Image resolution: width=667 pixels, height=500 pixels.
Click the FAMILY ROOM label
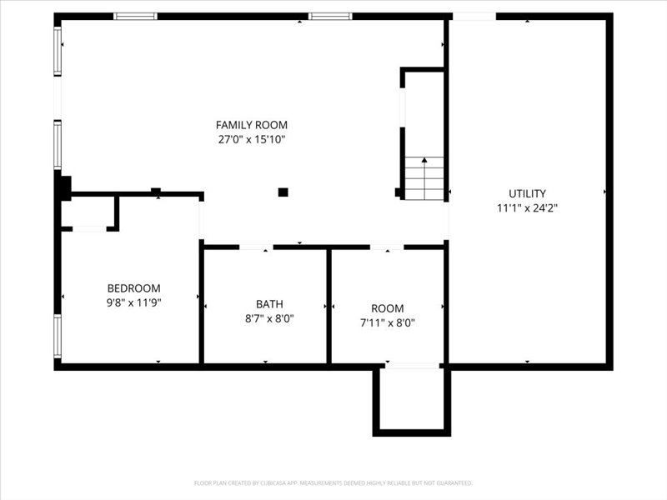[x=251, y=125]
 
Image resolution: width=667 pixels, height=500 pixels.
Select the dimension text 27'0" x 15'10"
[x=251, y=140]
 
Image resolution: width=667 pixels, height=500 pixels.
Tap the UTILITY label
[x=527, y=193]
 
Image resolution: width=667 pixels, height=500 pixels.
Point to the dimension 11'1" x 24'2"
[x=527, y=208]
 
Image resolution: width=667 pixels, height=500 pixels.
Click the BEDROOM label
[x=133, y=288]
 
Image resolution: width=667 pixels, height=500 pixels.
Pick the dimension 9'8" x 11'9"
[x=133, y=303]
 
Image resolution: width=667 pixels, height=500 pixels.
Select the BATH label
[x=269, y=303]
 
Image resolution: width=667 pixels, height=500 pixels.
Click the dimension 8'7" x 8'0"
[x=269, y=318]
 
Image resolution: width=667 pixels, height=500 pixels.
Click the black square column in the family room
[x=283, y=192]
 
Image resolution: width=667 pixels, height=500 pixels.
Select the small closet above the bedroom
[x=88, y=212]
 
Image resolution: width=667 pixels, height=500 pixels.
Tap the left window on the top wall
[x=135, y=16]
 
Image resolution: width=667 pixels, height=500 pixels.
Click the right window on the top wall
[x=330, y=16]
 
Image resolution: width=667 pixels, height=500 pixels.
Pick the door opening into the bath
[x=256, y=247]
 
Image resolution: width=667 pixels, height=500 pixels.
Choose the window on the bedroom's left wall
[x=58, y=336]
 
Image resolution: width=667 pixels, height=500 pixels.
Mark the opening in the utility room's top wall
[x=474, y=16]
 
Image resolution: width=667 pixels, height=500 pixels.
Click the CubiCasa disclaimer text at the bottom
[x=333, y=482]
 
